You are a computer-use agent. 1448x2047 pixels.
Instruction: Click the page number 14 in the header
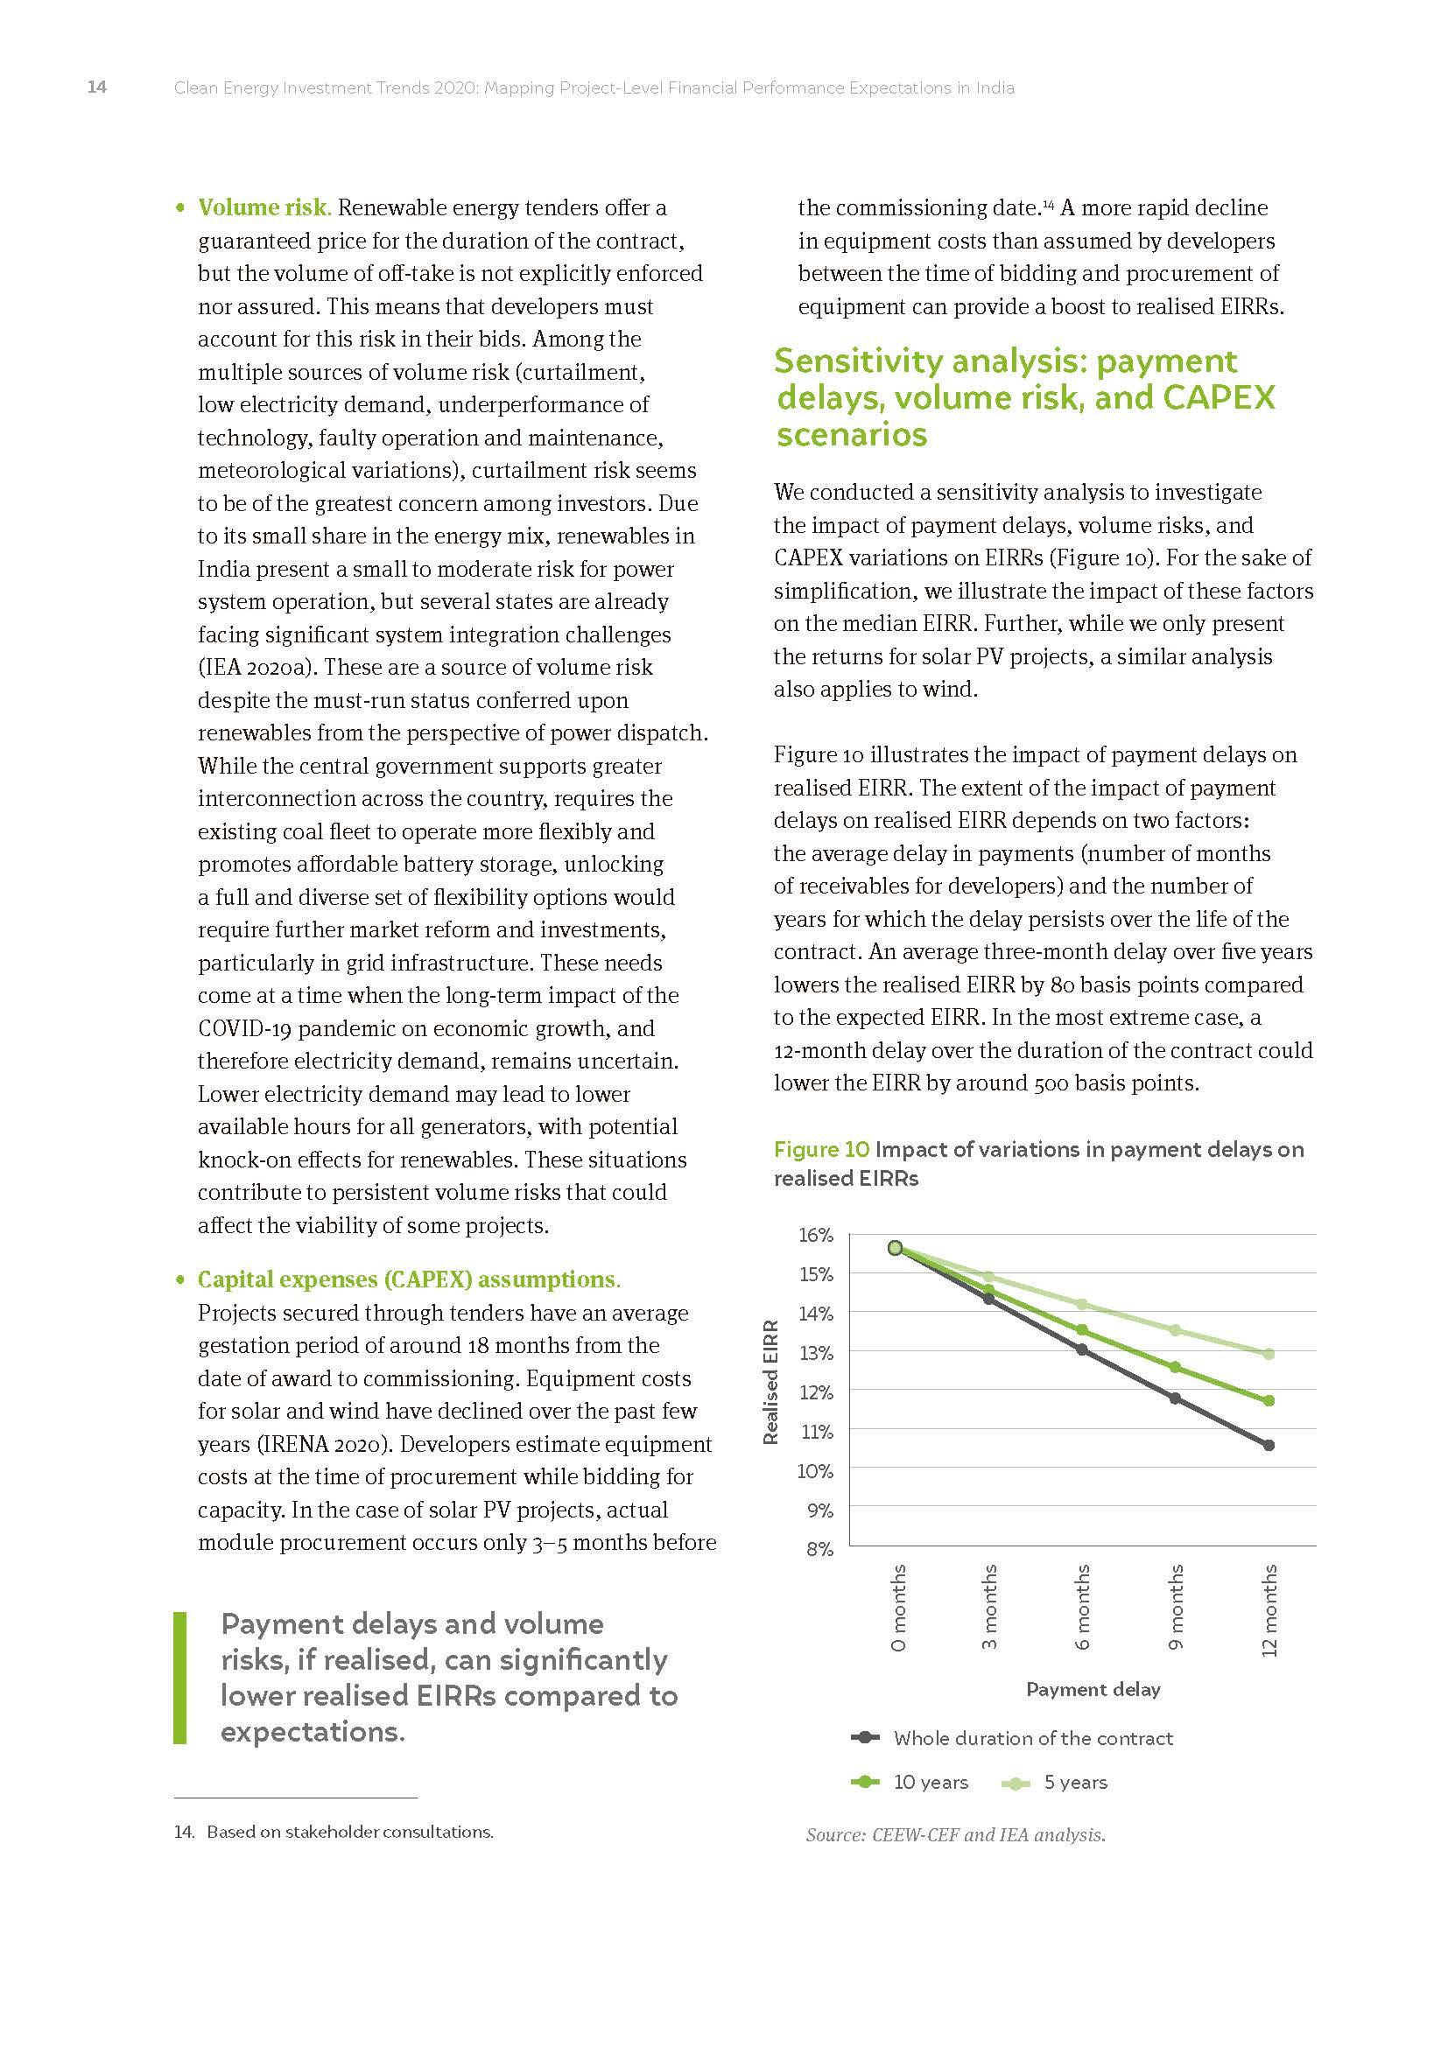point(96,88)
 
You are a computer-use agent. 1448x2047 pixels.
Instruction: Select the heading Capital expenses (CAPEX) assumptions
point(408,1279)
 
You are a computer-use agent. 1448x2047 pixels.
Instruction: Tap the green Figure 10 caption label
point(820,1149)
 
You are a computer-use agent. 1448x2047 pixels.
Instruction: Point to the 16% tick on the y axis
point(816,1235)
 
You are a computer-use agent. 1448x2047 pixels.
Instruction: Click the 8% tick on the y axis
point(819,1550)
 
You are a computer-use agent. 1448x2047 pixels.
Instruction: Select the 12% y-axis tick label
point(816,1392)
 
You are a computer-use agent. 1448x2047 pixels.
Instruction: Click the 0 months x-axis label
point(899,1607)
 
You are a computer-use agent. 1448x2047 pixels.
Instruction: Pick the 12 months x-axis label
point(1269,1610)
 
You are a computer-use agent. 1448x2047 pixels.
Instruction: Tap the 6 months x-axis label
point(1083,1607)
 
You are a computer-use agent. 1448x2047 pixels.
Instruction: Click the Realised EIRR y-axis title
point(771,1382)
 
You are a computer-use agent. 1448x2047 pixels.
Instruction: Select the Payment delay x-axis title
point(1093,1689)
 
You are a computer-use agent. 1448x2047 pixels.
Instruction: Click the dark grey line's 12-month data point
point(1269,1445)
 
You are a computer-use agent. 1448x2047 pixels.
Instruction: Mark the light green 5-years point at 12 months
point(1269,1354)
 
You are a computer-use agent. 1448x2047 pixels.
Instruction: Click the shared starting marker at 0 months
point(896,1248)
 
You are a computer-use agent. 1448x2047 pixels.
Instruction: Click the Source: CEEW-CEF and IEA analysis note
point(955,1835)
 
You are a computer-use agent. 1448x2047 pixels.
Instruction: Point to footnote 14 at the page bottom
point(334,1832)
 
